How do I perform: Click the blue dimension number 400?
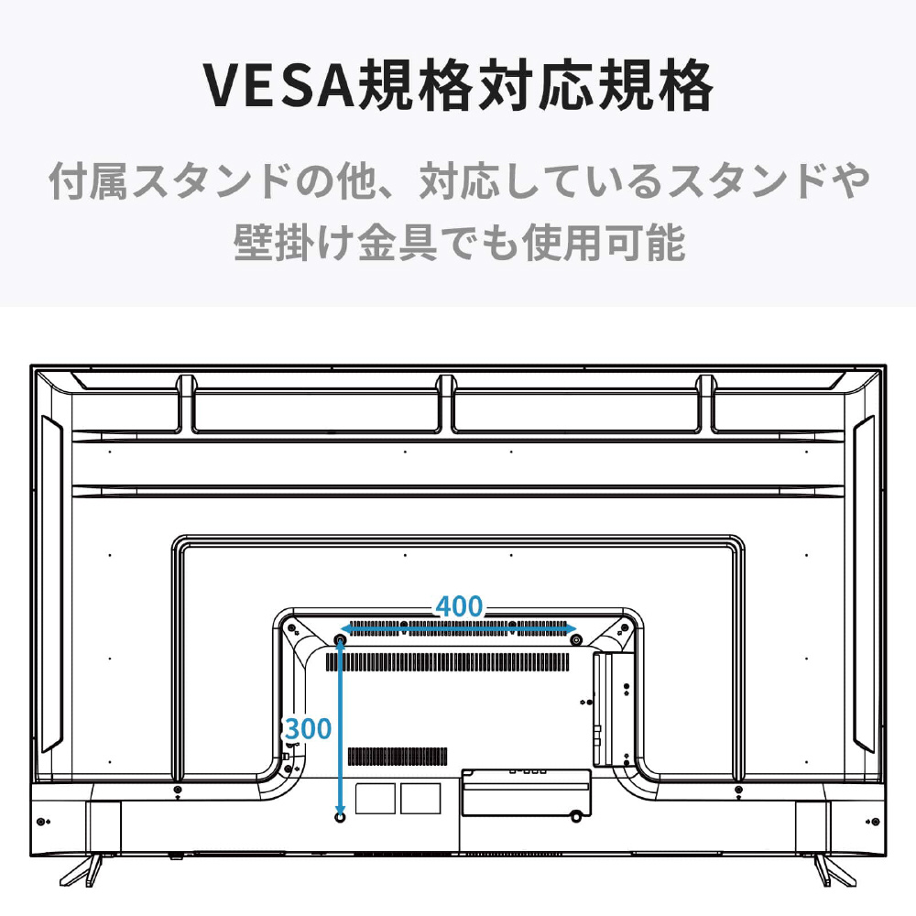click(459, 606)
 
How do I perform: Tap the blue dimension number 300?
click(308, 728)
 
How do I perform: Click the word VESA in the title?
click(279, 86)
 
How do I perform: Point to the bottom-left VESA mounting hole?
click(340, 817)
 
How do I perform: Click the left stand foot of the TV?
click(82, 870)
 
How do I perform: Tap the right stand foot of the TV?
click(834, 870)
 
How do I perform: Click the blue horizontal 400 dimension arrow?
click(459, 629)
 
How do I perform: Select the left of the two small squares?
click(376, 799)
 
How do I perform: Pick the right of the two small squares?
click(420, 799)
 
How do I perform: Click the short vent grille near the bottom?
click(398, 757)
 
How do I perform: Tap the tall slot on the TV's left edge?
click(51, 584)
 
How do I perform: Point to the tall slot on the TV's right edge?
click(864, 584)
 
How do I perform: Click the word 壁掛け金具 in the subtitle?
click(336, 243)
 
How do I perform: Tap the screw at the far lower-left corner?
click(40, 822)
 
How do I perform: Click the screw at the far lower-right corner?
click(875, 822)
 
